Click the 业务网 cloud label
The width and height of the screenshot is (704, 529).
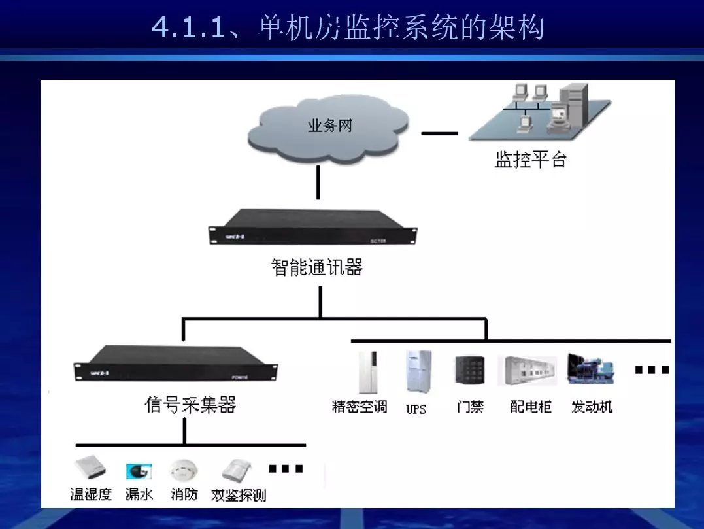[x=329, y=126]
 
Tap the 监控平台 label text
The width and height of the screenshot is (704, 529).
[x=530, y=160]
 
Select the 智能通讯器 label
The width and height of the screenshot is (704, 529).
[x=317, y=267]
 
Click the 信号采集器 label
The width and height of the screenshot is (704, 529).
[x=190, y=405]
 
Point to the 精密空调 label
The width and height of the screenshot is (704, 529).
[x=360, y=407]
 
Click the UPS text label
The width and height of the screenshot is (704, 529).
[x=416, y=409]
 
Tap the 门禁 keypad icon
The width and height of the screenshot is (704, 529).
[x=469, y=370]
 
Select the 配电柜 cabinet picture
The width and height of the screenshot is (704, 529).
[x=527, y=371]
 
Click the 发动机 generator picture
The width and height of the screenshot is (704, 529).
[x=590, y=369]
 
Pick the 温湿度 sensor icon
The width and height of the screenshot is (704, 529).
[x=90, y=468]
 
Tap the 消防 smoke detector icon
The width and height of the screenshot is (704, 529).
[x=183, y=470]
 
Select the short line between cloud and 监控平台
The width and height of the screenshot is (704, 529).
[x=439, y=133]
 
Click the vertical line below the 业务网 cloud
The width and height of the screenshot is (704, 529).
[x=318, y=182]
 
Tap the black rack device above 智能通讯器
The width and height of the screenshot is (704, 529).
[x=312, y=226]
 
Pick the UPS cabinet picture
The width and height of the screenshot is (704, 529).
[x=418, y=371]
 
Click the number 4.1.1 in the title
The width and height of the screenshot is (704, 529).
[x=188, y=27]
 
